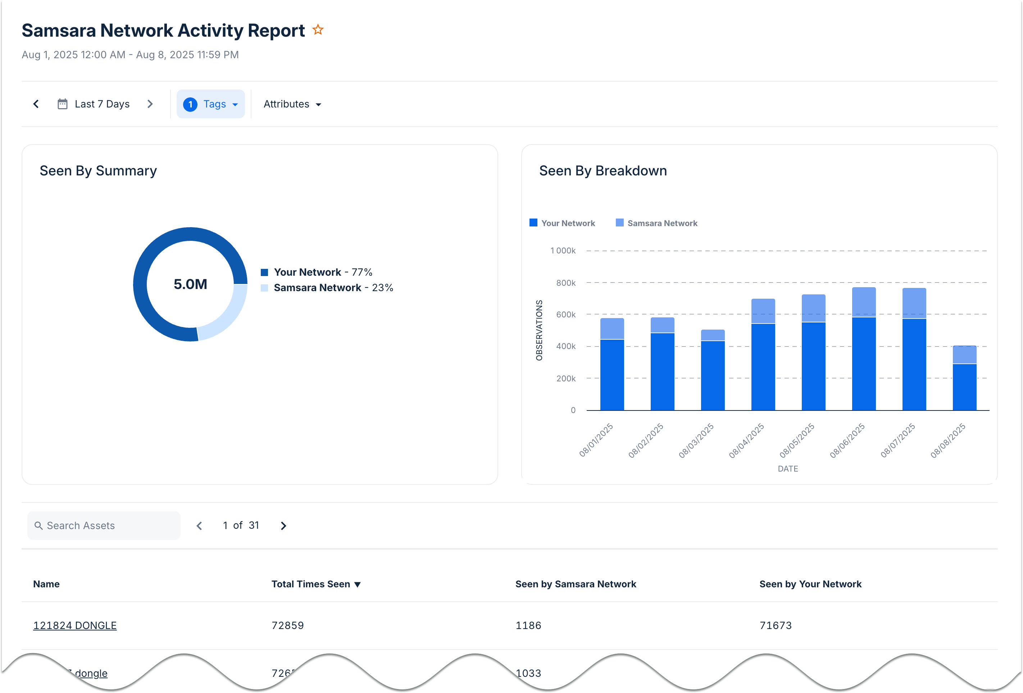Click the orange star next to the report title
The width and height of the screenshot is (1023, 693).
[x=318, y=30]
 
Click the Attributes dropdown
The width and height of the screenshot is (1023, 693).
[x=292, y=104]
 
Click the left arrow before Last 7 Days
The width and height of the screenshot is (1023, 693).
[x=36, y=104]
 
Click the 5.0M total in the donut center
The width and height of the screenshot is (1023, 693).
[x=190, y=284]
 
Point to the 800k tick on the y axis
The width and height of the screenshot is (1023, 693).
[x=566, y=283]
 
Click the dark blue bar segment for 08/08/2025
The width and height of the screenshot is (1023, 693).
[x=964, y=387]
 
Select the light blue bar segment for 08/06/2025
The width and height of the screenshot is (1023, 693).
[x=864, y=302]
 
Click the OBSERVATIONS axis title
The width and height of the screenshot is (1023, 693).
[x=539, y=330]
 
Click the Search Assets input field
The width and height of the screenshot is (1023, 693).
[x=104, y=526]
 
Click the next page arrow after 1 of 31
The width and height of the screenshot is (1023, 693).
[x=283, y=526]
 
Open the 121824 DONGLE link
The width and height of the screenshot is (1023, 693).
[x=75, y=625]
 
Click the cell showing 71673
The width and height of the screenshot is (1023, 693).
[x=775, y=625]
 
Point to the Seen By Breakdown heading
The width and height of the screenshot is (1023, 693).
[x=603, y=171]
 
